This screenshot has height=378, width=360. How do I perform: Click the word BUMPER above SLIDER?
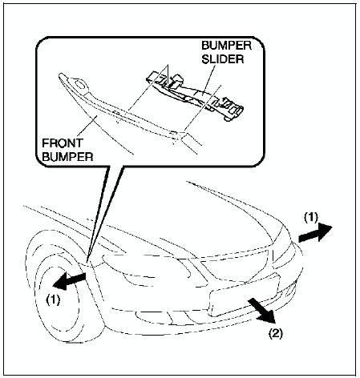[x=226, y=46]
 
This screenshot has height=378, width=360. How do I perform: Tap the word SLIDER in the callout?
[x=223, y=59]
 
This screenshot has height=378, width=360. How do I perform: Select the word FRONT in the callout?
[x=63, y=143]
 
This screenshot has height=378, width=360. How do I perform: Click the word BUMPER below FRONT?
[x=67, y=157]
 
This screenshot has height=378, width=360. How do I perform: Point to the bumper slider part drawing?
[x=195, y=96]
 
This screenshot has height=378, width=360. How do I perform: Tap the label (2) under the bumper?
[x=275, y=333]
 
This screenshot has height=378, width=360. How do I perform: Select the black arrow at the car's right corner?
[x=315, y=233]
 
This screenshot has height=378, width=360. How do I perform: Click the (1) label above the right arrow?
[x=311, y=218]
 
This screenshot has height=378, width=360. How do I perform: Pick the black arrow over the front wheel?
[x=70, y=281]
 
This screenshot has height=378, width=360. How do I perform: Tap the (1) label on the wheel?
[x=53, y=300]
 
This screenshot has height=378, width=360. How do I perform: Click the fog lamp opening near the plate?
[x=290, y=291]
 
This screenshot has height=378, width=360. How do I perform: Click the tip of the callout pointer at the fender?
[x=87, y=261]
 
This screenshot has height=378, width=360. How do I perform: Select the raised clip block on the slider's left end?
[x=176, y=81]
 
